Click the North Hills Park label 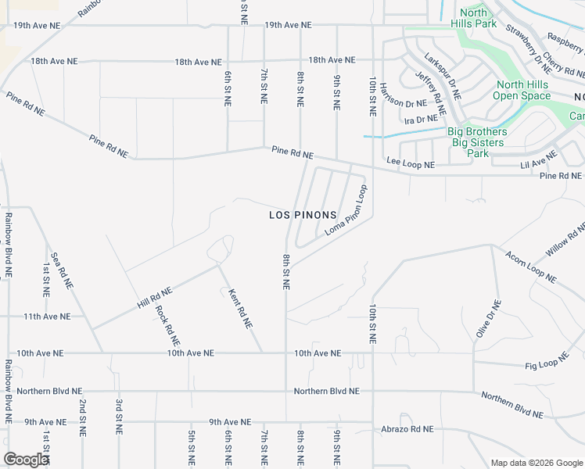click(474, 18)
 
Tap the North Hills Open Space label click(524, 91)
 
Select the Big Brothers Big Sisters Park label click(477, 142)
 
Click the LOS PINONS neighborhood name click(303, 215)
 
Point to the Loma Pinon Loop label click(346, 211)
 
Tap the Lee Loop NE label click(410, 164)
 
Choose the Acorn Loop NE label click(530, 267)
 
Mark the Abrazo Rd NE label click(407, 429)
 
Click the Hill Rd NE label click(154, 295)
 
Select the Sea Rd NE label click(62, 271)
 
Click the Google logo click(26, 460)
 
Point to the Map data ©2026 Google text click(536, 463)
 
